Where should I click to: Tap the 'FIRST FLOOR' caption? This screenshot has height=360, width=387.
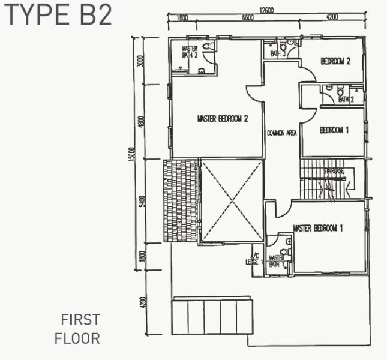point(78,329)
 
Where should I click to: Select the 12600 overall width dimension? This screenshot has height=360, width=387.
point(266,9)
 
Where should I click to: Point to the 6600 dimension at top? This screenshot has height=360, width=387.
point(247,18)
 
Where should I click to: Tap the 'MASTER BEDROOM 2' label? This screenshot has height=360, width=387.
point(223,119)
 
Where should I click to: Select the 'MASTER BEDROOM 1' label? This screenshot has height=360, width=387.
point(317,228)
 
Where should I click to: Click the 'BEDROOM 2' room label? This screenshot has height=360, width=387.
point(335,61)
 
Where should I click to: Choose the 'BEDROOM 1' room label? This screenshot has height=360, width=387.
point(334,130)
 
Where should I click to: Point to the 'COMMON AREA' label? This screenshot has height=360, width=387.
point(282,133)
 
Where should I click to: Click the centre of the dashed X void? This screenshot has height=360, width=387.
point(230,201)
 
